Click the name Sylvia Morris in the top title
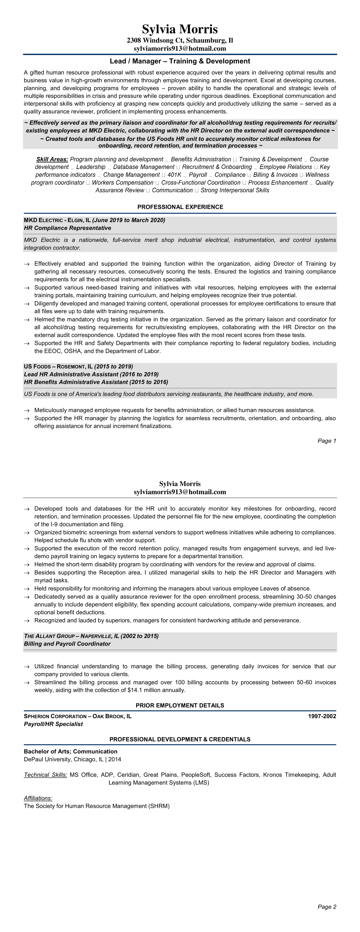click(180, 29)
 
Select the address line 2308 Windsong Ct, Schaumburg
click(180, 40)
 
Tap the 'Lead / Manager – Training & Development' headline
click(180, 61)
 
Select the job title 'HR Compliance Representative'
click(67, 228)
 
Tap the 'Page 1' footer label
click(327, 441)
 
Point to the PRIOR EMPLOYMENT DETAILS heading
click(180, 705)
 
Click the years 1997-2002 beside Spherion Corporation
click(322, 716)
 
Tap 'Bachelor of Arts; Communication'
click(71, 752)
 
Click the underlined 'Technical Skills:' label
click(45, 775)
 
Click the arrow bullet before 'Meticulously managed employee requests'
click(26, 410)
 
